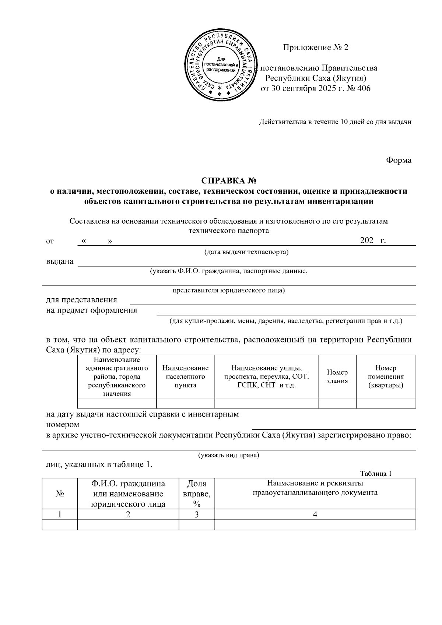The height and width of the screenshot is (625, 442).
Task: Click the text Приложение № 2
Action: coord(315,48)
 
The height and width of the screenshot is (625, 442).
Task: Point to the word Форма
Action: coord(399,160)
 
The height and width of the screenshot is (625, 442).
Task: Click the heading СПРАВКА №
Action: coord(228,181)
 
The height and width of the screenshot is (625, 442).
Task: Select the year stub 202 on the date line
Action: coord(367,241)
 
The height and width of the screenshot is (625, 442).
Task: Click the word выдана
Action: coord(59,261)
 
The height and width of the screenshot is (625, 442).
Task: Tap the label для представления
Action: coord(81,300)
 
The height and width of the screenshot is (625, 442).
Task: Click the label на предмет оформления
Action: coord(91,310)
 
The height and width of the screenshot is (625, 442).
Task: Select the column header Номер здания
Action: coord(337,376)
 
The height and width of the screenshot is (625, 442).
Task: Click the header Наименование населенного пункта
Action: coord(185,376)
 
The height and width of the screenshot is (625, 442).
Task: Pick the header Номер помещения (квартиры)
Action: coord(386,376)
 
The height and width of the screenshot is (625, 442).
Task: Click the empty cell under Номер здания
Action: coord(337,403)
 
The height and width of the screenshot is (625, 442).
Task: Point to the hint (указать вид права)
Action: coord(229,455)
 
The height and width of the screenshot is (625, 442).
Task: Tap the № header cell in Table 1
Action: coord(60,494)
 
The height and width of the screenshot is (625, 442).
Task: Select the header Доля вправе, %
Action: coord(197,494)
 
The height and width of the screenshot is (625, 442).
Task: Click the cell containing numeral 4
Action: coord(315,515)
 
